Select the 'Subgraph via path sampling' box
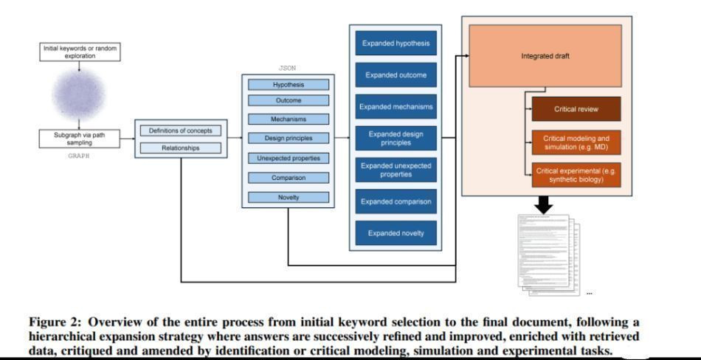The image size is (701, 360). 78,138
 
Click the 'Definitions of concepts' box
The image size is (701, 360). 180,131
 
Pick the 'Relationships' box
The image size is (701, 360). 180,148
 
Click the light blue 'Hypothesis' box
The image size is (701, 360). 289,85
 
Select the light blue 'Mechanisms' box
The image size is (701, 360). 289,119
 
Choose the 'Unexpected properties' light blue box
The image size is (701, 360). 289,158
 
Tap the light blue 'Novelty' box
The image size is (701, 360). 289,196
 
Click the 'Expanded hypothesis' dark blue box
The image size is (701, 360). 395,44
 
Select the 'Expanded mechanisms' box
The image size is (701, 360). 395,107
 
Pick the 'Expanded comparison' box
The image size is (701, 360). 395,201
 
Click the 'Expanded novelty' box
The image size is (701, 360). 395,234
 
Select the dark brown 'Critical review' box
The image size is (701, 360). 576,109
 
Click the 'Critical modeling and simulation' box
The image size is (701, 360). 576,142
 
